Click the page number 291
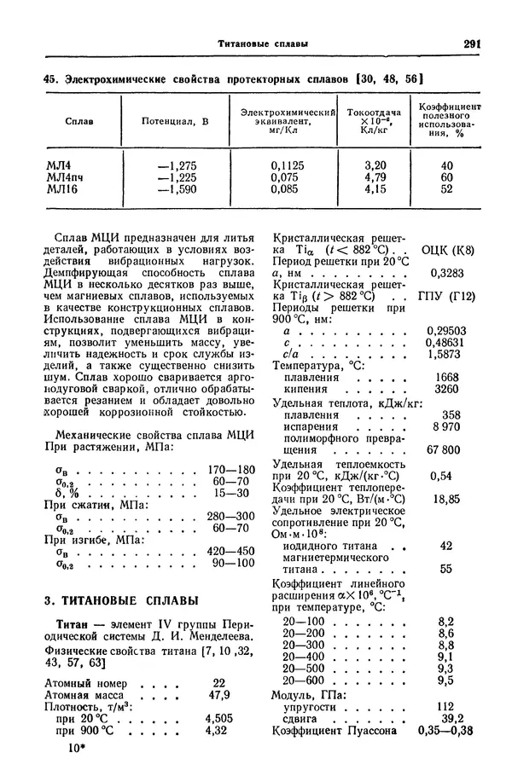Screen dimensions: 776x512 pyautogui.click(x=474, y=44)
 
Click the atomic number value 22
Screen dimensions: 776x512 pyautogui.click(x=219, y=683)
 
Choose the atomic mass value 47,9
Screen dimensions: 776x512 pyautogui.click(x=219, y=695)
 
